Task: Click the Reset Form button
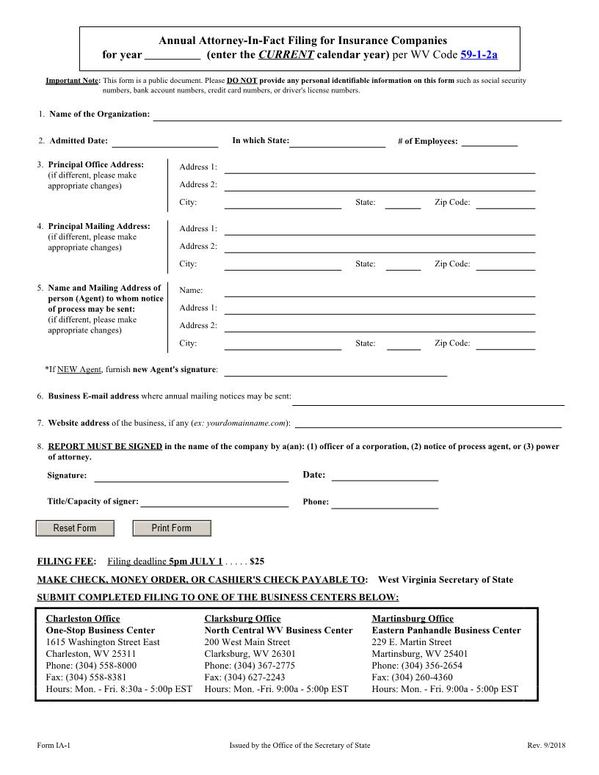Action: point(76,528)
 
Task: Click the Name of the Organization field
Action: point(357,114)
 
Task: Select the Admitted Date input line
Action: point(164,141)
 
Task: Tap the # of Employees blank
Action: point(490,141)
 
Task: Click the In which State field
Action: point(338,141)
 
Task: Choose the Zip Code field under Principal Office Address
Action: point(505,203)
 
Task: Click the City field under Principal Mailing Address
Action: point(283,264)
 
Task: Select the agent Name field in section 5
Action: point(380,291)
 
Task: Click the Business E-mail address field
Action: point(428,398)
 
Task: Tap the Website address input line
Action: point(428,423)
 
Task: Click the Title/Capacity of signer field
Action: point(214,502)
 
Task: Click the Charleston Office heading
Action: point(83,619)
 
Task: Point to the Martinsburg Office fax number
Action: point(412,677)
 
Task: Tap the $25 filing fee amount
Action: point(257,562)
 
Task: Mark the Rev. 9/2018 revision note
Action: point(544,746)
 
